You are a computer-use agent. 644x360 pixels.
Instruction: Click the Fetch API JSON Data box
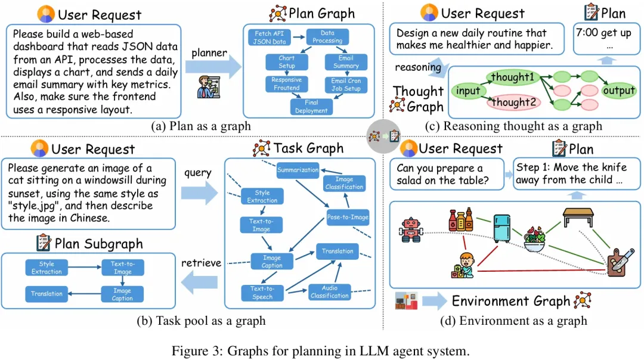coord(270,38)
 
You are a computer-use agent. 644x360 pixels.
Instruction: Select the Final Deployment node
coord(311,107)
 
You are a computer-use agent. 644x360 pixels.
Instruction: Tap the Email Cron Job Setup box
coord(346,85)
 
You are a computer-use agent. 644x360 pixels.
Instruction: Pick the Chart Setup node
coord(286,62)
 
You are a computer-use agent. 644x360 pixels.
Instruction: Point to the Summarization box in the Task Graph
coord(298,170)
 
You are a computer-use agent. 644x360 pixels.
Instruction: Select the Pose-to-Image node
coord(348,217)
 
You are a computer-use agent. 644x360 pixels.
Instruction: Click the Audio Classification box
coord(329,291)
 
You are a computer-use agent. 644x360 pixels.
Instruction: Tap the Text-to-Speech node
coord(262,292)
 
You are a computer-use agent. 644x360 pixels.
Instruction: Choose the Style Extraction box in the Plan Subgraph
coord(47,268)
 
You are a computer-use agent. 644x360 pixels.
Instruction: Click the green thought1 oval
coord(512,77)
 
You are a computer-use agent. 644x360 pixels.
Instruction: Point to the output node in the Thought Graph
coord(619,91)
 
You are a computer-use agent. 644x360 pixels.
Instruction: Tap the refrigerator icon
coord(501,226)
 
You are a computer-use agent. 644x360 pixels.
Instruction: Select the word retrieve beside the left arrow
coord(201,263)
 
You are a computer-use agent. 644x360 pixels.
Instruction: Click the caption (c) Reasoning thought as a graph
coord(513,126)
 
